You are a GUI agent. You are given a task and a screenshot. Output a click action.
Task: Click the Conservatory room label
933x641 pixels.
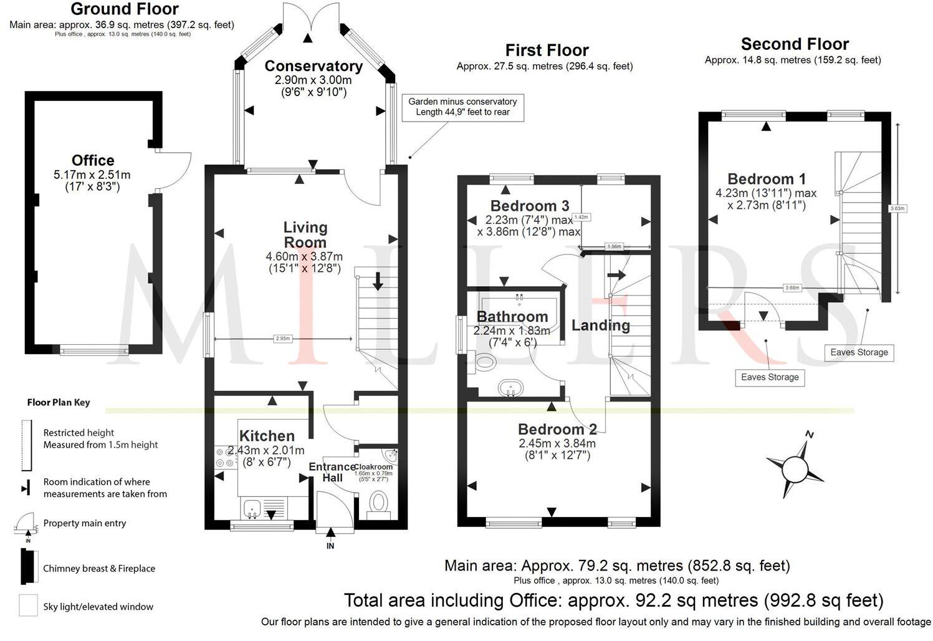[313, 66]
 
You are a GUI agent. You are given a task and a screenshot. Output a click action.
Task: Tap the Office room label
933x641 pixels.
[93, 160]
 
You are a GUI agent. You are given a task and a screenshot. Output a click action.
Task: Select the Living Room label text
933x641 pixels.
[305, 235]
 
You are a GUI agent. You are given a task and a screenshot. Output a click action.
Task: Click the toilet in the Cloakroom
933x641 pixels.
[378, 501]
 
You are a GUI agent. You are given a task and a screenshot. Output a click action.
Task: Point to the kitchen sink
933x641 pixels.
[253, 508]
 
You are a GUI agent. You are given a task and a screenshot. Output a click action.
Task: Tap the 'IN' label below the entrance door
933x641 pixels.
[330, 546]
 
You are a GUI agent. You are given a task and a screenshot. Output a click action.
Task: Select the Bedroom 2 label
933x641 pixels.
[557, 429]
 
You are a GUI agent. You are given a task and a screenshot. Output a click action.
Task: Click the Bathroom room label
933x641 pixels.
[512, 317]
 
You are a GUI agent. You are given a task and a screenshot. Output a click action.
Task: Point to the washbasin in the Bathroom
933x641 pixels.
[511, 388]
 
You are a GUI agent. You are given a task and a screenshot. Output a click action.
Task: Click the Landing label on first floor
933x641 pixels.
[601, 325]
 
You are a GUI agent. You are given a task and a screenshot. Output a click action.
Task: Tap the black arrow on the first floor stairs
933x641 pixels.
[616, 275]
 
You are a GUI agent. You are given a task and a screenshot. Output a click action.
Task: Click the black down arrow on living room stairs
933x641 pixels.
[378, 282]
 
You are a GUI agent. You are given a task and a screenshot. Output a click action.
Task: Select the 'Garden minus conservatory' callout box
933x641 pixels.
[462, 107]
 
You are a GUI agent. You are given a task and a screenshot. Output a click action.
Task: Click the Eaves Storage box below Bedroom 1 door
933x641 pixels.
[770, 377]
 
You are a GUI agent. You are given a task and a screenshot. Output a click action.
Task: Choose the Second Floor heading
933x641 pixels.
[795, 44]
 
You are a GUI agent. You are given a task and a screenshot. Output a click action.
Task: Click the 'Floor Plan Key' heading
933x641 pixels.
[59, 402]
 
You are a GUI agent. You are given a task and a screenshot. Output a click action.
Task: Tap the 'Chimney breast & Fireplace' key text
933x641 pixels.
[99, 569]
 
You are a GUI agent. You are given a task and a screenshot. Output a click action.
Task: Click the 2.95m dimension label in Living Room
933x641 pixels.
[282, 339]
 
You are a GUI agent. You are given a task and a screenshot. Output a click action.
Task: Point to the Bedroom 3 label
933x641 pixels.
[530, 206]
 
